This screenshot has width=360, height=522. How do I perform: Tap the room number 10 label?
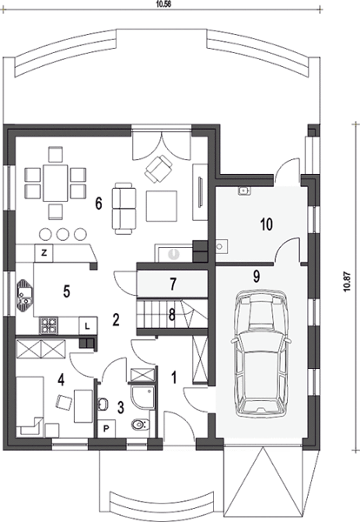266,224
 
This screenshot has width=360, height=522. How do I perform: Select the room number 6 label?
98,204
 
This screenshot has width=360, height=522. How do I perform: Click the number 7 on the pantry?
172,284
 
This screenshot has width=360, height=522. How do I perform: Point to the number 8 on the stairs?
171,315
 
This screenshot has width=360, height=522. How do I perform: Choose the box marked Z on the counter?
43,253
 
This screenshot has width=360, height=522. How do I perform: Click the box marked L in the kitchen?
88,325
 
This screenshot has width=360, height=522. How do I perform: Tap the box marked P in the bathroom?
106,428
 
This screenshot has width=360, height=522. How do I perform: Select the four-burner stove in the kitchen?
48,325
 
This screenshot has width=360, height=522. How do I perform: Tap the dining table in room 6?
55,183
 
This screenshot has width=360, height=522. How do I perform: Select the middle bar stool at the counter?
63,234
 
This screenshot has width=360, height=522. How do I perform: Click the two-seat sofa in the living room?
123,208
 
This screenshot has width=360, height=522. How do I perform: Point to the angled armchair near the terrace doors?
158,169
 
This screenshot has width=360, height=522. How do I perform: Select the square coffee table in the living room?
162,206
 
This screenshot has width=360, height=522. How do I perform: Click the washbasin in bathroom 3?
103,405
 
